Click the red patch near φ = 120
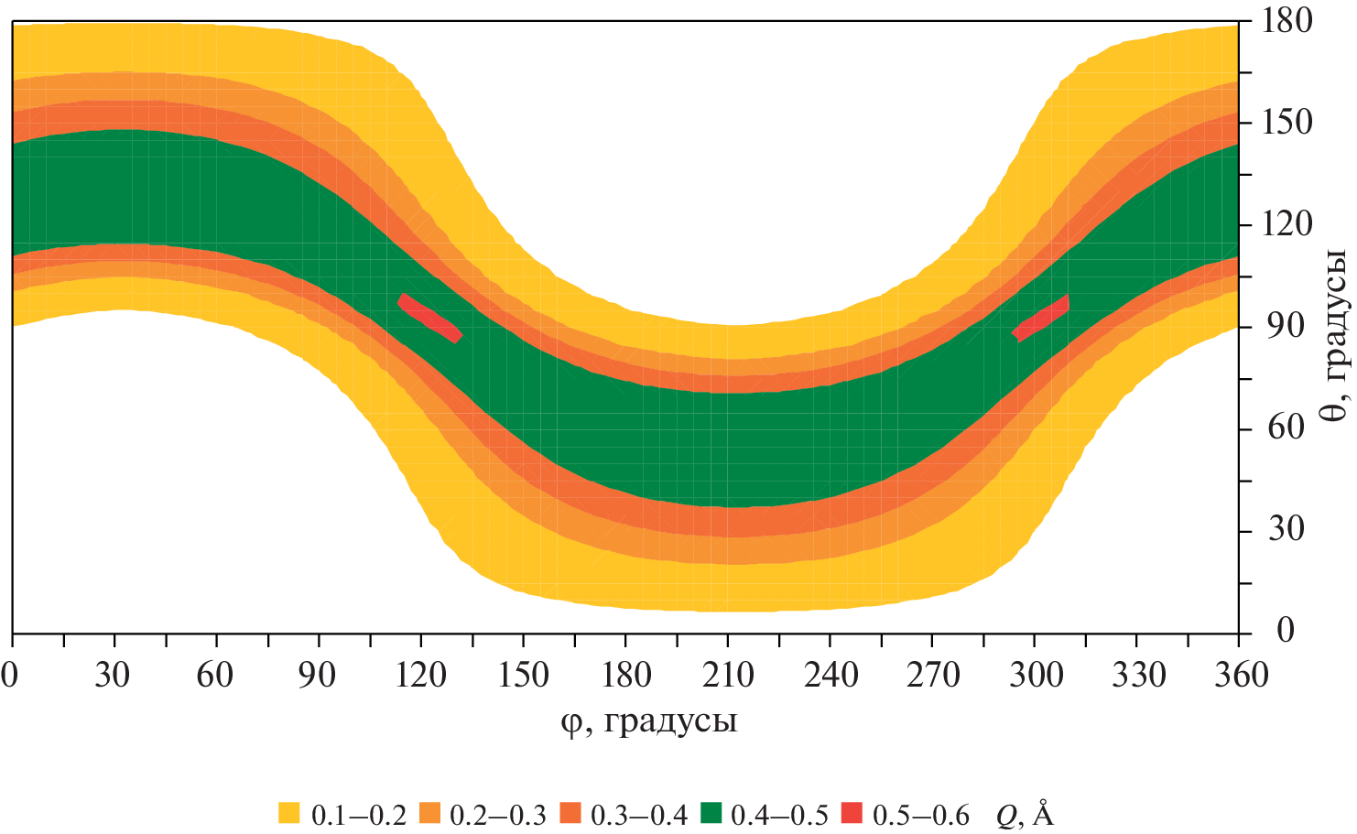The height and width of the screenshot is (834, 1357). point(429,318)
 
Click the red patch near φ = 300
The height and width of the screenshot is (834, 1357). point(1041,319)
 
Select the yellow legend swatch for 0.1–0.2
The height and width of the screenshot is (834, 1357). point(289,812)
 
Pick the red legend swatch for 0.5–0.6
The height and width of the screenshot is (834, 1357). point(852,812)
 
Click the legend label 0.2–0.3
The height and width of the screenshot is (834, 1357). point(500,814)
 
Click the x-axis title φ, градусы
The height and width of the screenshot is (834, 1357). point(649,722)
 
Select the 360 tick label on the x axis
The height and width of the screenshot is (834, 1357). point(1238,676)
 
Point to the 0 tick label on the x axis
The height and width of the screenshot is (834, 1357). point(11,676)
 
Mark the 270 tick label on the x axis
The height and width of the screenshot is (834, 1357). point(932,676)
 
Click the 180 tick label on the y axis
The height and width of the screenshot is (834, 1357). point(1287,20)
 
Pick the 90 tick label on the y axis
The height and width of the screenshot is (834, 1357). point(1279,326)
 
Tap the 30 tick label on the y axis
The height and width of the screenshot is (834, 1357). point(1279,529)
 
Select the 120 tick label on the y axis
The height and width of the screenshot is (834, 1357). point(1287,223)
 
